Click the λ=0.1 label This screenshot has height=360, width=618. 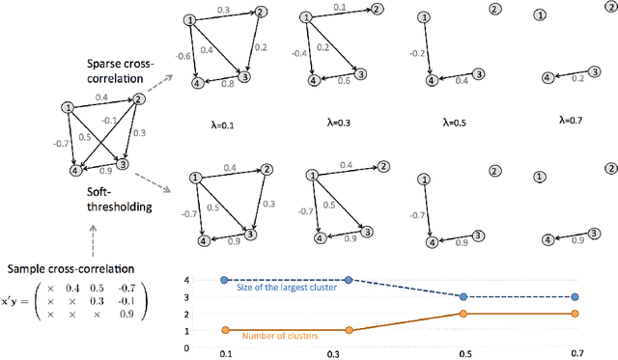pyautogui.click(x=223, y=125)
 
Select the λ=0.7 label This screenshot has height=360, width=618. pyautogui.click(x=571, y=120)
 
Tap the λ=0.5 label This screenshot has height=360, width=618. pyautogui.click(x=454, y=123)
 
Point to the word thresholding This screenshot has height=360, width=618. pyautogui.click(x=120, y=206)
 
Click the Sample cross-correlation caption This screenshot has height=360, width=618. pyautogui.click(x=70, y=269)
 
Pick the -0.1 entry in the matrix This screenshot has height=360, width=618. pyautogui.click(x=126, y=301)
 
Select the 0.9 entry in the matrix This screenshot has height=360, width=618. pyautogui.click(x=126, y=315)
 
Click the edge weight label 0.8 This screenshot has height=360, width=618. pyautogui.click(x=228, y=84)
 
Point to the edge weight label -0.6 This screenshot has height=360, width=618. pyautogui.click(x=183, y=56)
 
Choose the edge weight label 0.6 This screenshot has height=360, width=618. pyautogui.click(x=344, y=81)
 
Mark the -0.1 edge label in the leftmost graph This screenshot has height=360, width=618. pyautogui.click(x=109, y=120)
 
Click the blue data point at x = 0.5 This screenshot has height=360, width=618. pyautogui.click(x=463, y=296)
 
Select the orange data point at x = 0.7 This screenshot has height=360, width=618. pyautogui.click(x=575, y=314)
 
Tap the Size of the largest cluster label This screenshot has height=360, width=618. pyautogui.click(x=287, y=288)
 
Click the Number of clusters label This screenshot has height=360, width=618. pyautogui.click(x=280, y=336)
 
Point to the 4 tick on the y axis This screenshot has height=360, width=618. pyautogui.click(x=186, y=280)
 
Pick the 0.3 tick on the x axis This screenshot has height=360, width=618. pyautogui.click(x=333, y=354)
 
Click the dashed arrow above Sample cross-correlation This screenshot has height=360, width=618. pyautogui.click(x=93, y=240)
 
